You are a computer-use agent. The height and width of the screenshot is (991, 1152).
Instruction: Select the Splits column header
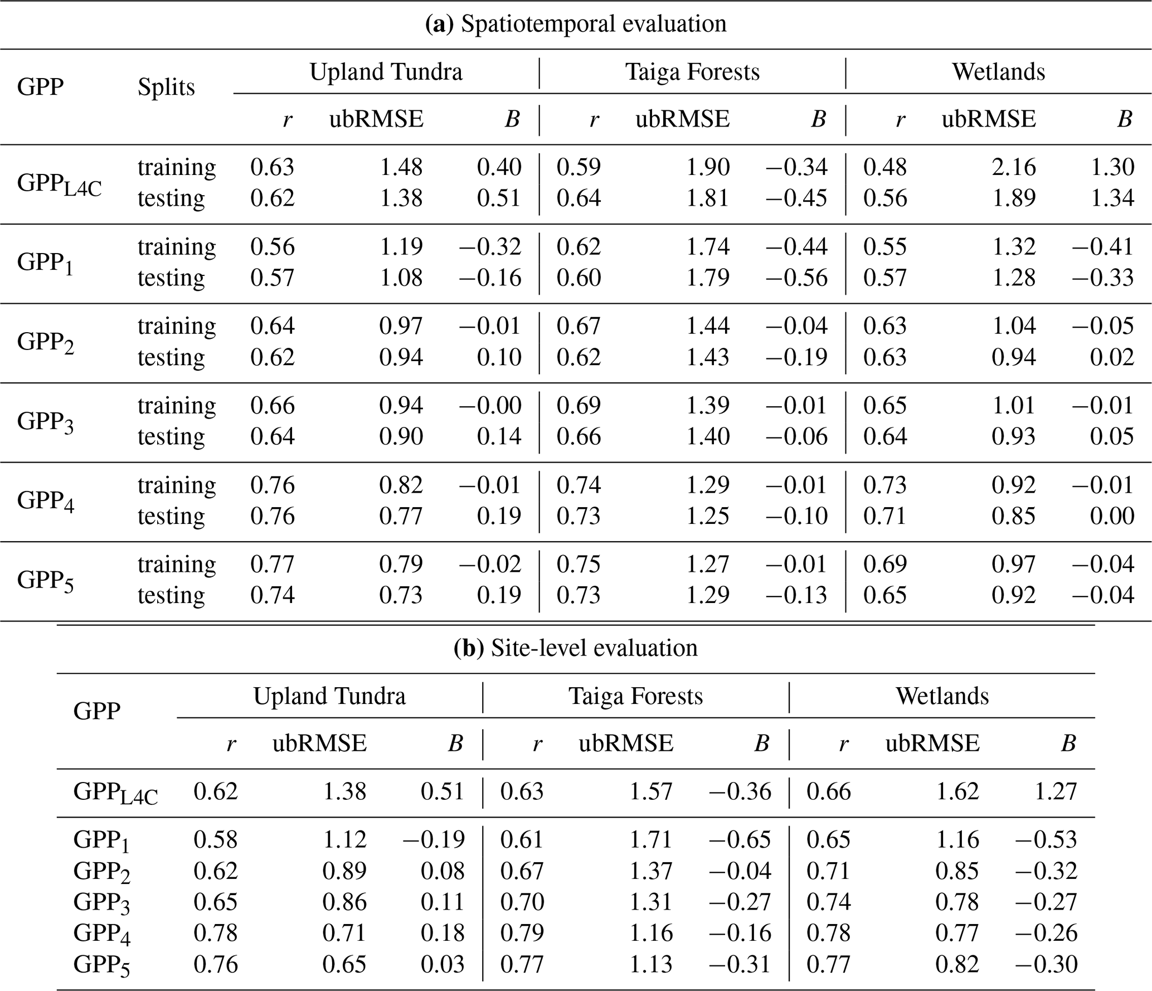pyautogui.click(x=166, y=88)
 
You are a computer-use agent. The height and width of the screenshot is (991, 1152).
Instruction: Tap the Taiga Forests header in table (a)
pyautogui.click(x=692, y=72)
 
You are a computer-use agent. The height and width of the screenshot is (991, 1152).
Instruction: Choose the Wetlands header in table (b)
pyautogui.click(x=942, y=696)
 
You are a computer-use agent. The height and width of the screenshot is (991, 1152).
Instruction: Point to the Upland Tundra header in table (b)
pyautogui.click(x=329, y=696)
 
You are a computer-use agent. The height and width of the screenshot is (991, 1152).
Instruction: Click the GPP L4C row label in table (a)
pyautogui.click(x=59, y=184)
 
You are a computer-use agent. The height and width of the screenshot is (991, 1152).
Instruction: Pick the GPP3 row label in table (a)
pyautogui.click(x=45, y=422)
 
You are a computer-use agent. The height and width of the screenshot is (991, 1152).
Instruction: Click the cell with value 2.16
pyautogui.click(x=1013, y=167)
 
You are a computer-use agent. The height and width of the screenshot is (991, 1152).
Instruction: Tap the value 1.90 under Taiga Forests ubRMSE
pyautogui.click(x=707, y=167)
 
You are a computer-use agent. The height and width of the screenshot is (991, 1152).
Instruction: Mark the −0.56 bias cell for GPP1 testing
pyautogui.click(x=796, y=278)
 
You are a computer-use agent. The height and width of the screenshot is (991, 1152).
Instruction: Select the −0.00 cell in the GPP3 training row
pyautogui.click(x=490, y=405)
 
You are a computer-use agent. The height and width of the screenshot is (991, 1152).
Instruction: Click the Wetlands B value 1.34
pyautogui.click(x=1112, y=198)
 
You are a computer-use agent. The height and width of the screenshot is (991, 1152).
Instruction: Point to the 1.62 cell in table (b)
pyautogui.click(x=957, y=791)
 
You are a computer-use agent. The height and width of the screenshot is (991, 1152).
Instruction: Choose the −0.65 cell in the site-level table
pyautogui.click(x=740, y=839)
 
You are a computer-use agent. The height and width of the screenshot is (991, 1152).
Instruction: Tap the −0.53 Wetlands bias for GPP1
pyautogui.click(x=1046, y=839)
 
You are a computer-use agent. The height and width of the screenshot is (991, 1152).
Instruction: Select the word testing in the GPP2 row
pyautogui.click(x=171, y=358)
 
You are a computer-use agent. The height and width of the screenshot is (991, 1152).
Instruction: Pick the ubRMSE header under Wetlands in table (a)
pyautogui.click(x=989, y=119)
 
